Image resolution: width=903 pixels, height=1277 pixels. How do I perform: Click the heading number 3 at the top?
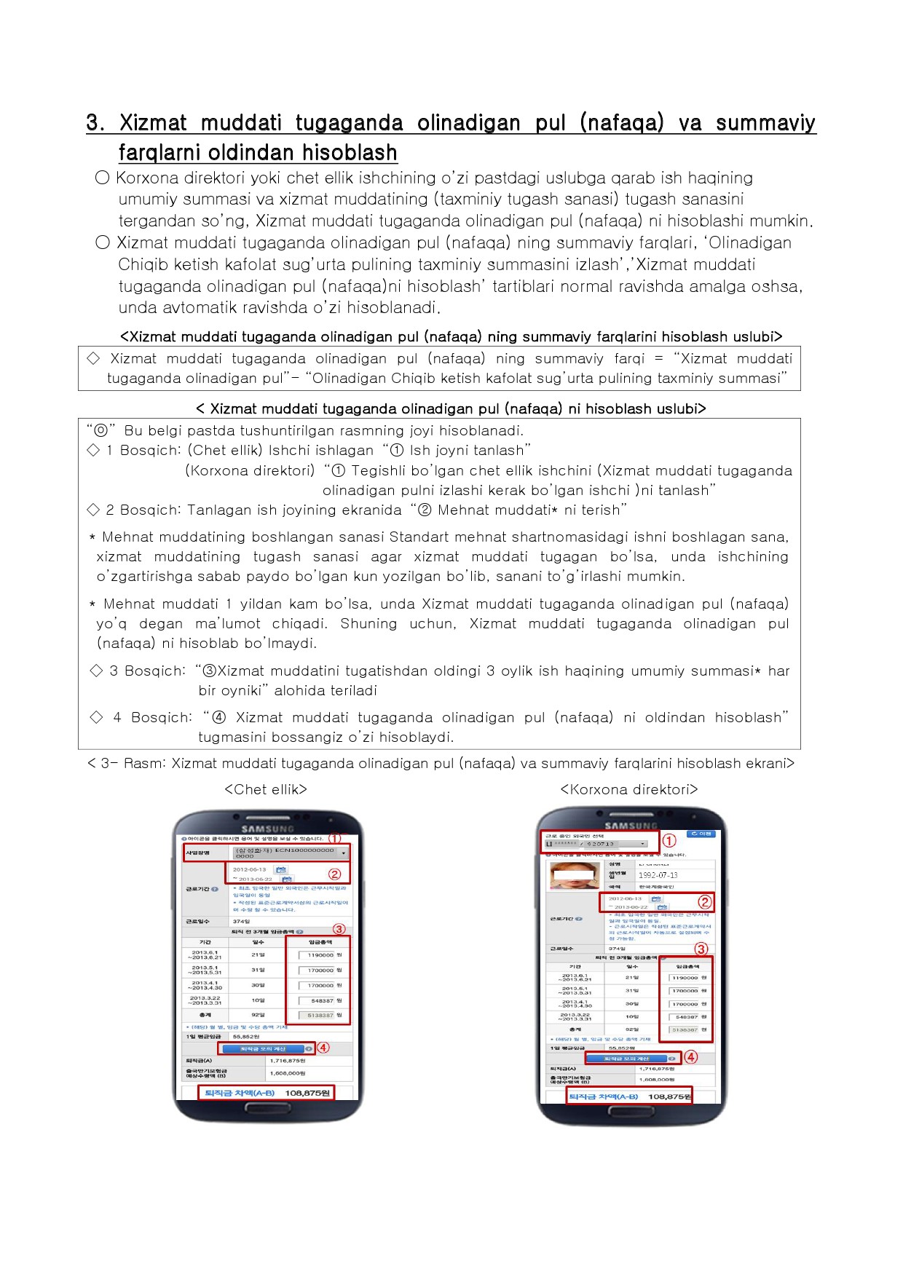pos(94,122)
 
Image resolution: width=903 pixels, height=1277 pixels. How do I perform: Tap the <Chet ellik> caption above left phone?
pos(266,789)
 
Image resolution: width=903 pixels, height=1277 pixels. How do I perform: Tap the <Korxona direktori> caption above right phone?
pos(629,789)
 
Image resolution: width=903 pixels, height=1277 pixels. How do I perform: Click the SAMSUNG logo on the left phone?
pos(268,829)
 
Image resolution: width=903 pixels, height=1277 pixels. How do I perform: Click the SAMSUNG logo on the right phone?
pos(631,826)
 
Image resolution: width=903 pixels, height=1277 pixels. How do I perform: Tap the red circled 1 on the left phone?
pos(335,839)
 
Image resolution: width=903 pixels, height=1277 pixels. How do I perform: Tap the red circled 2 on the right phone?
pos(704,902)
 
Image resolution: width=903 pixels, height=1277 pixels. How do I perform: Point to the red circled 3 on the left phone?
pos(339,929)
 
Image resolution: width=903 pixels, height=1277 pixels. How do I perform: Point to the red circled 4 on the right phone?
pos(690,1057)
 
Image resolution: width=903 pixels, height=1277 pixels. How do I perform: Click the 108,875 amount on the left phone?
pos(307,1093)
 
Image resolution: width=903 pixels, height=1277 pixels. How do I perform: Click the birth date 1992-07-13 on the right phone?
pos(658,875)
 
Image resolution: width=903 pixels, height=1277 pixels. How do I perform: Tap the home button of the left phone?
pos(268,1112)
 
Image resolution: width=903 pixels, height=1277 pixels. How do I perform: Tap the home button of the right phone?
pos(631,1114)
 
